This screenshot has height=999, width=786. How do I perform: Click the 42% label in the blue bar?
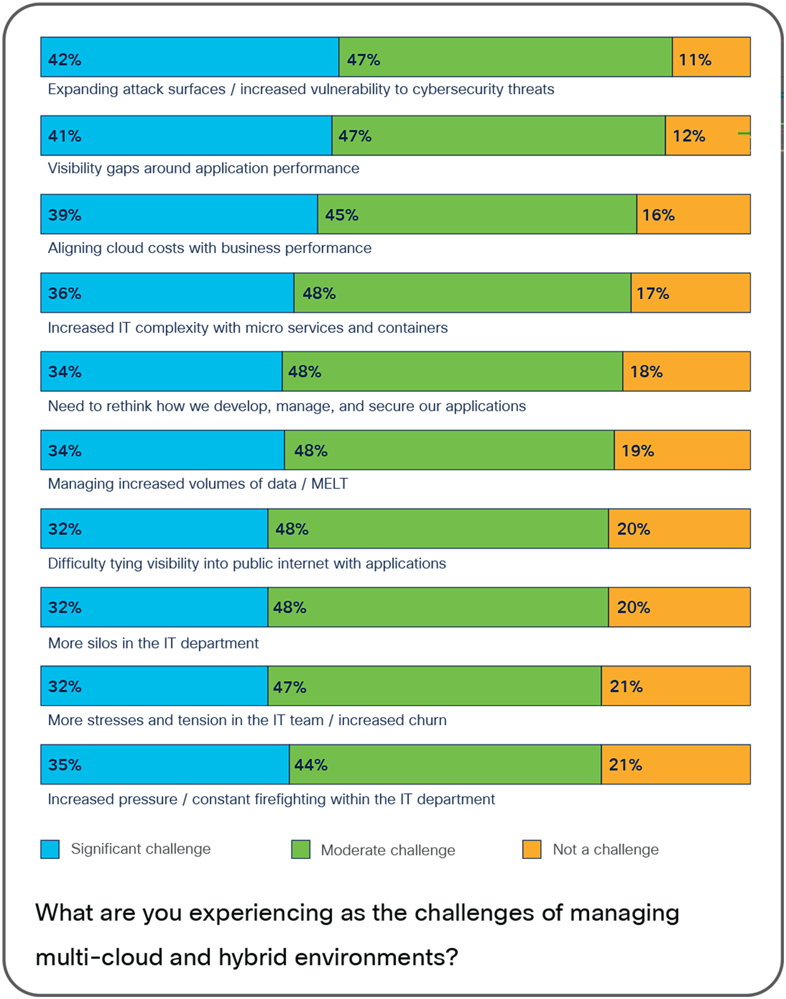[x=64, y=60]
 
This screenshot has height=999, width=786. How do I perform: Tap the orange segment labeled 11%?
[x=711, y=57]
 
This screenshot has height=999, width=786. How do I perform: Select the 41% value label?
[x=64, y=136]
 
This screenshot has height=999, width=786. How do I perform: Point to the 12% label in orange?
[x=689, y=136]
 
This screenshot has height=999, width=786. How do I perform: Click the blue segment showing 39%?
[x=179, y=214]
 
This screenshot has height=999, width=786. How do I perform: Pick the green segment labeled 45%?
[x=477, y=214]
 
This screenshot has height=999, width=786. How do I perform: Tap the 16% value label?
[x=658, y=215]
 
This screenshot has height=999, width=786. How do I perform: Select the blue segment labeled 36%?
[x=168, y=293]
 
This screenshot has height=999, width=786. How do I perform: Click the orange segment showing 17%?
[x=690, y=293]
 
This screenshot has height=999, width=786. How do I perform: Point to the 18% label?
[x=646, y=372]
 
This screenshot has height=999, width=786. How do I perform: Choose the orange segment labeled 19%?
[x=682, y=450]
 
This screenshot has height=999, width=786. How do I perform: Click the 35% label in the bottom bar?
[x=64, y=765]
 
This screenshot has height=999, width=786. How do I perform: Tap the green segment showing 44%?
[x=445, y=765]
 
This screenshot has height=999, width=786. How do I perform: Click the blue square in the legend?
[x=50, y=849]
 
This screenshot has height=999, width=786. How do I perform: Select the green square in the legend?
[x=300, y=849]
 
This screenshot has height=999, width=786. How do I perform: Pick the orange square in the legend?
[x=531, y=849]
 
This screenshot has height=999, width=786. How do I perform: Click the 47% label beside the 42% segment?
[x=363, y=60]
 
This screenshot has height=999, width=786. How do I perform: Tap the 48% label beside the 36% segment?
[x=319, y=293]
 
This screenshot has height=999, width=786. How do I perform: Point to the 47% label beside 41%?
[x=355, y=136]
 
